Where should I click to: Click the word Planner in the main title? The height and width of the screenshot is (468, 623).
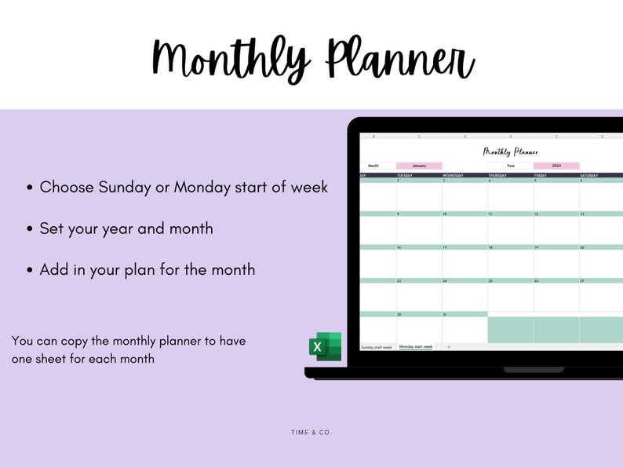[399, 59]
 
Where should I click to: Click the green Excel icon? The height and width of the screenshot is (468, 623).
[324, 346]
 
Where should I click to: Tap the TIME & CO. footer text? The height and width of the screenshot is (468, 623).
[311, 433]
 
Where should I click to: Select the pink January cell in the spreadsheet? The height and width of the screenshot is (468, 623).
[419, 166]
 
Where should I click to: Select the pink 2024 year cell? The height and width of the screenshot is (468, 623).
[556, 166]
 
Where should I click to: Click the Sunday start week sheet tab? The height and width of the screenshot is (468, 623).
[377, 346]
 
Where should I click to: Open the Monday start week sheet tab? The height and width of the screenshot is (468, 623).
[416, 346]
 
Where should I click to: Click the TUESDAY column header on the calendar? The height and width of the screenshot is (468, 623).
[405, 175]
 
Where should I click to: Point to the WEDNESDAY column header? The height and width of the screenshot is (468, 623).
[454, 175]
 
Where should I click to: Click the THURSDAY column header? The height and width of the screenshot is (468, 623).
[497, 175]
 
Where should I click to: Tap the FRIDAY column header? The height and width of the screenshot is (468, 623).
[541, 175]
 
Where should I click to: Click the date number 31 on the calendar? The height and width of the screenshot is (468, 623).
[445, 314]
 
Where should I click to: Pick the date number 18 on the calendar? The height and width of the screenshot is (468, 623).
[490, 247]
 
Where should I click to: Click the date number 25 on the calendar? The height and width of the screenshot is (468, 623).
[490, 280]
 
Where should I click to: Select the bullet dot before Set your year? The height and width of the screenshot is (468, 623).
[30, 230]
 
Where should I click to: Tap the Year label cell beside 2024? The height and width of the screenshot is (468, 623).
[511, 166]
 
